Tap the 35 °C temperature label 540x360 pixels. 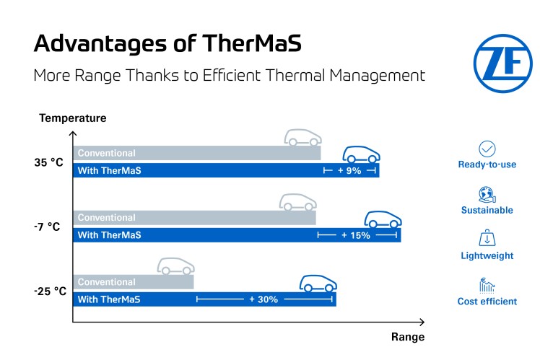(49, 163)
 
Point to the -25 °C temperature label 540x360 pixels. (49, 291)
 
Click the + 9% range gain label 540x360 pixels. (349, 170)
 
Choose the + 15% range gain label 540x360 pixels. (356, 235)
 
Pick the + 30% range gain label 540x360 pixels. (264, 299)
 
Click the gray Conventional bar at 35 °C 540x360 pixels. (195, 153)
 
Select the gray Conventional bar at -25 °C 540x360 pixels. (134, 282)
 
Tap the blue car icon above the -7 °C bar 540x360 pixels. (381, 219)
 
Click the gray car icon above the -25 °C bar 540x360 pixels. (176, 265)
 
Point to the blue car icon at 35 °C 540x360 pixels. (361, 154)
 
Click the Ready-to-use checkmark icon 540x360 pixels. (487, 149)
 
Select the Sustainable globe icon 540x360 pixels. (487, 194)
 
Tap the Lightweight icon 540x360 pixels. (487, 240)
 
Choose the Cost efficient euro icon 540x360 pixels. (487, 286)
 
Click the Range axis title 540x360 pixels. (408, 336)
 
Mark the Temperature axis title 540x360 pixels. (73, 118)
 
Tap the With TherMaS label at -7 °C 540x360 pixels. (110, 235)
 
